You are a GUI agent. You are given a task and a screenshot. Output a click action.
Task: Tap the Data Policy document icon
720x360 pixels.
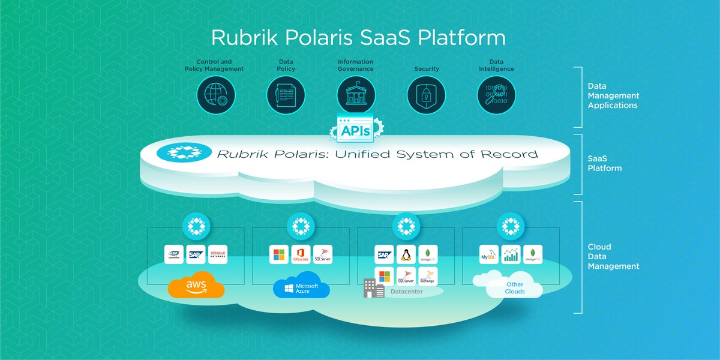(x=286, y=95)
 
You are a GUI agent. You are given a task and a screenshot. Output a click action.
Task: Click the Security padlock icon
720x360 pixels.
(x=427, y=95)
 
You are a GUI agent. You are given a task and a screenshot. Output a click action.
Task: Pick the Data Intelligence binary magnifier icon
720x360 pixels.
(x=497, y=95)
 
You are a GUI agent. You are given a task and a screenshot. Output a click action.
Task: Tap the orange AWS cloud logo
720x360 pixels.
(x=196, y=287)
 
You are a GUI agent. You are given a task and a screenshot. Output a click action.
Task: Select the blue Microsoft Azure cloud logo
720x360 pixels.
(x=301, y=287)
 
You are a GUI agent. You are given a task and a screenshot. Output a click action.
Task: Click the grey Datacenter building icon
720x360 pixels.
(x=373, y=288)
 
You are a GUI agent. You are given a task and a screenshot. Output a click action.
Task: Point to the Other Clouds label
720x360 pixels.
(x=514, y=288)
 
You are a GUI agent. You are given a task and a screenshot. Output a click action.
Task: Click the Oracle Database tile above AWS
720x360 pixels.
(x=218, y=254)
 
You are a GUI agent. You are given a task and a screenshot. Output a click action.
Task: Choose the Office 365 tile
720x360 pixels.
(x=301, y=254)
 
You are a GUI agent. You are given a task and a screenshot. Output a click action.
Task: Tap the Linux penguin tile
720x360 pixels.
(x=406, y=254)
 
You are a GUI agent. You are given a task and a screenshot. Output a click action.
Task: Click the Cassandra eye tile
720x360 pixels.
(x=174, y=254)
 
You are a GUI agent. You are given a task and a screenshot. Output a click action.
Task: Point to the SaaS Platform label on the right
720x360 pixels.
(x=604, y=164)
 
